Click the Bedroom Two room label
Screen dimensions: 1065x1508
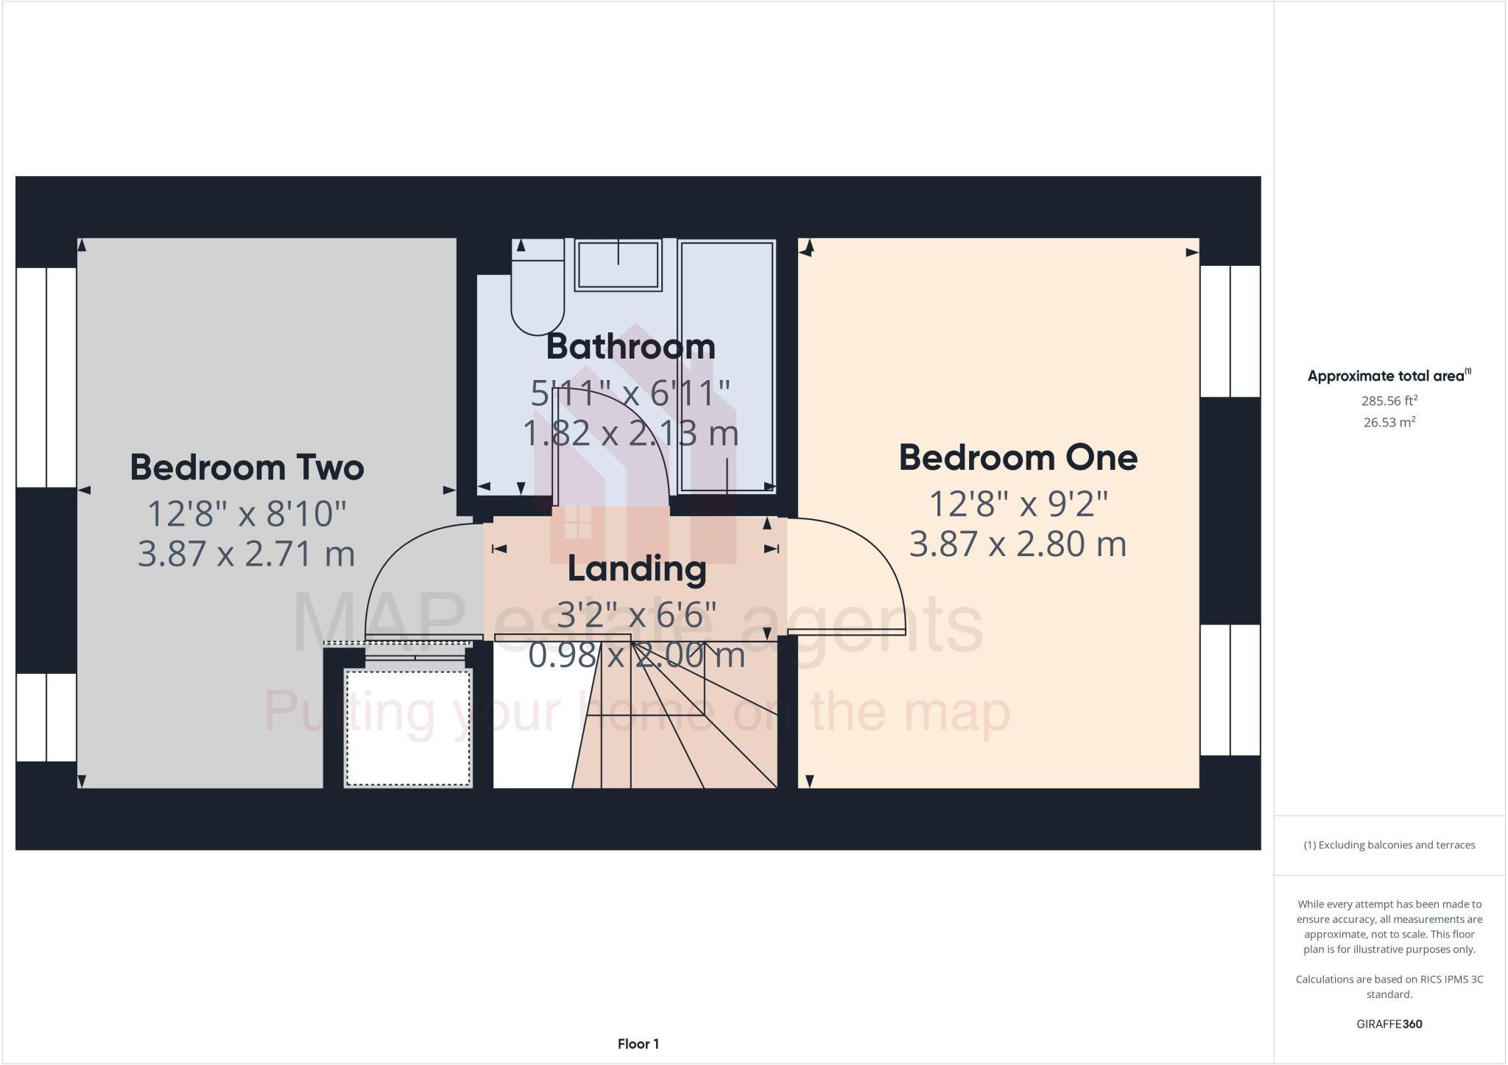247,467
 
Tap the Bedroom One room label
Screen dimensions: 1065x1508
1018,457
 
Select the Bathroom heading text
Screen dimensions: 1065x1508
630,346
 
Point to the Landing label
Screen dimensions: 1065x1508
637,569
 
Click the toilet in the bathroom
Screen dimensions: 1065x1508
538,295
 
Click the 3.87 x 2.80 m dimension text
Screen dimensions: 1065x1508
1018,545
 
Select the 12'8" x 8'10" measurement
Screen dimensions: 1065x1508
247,513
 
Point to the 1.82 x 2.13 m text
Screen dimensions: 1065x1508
630,433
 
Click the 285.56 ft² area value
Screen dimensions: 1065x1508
1389,401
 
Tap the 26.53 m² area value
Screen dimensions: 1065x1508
1389,423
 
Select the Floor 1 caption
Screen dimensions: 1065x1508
638,1044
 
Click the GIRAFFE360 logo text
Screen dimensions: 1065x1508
1389,1024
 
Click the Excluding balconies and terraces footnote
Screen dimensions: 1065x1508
1389,845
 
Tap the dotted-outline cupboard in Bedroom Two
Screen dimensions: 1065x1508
408,728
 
